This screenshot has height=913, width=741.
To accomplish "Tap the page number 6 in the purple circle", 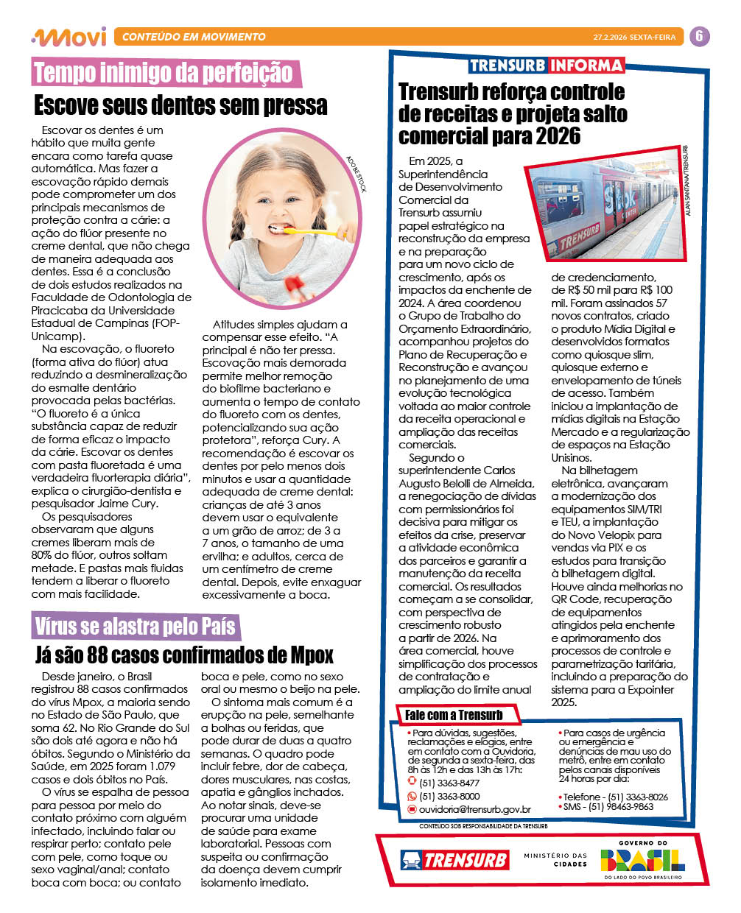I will [x=699, y=36].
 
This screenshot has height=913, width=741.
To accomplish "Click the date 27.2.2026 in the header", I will [x=611, y=37].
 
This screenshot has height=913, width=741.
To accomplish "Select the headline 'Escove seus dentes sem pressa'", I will [x=180, y=105].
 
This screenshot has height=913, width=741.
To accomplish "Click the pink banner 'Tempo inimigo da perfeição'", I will [x=164, y=73].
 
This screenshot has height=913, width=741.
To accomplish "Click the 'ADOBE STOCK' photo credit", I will [x=356, y=174].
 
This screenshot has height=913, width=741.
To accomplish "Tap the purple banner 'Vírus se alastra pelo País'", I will [x=135, y=627].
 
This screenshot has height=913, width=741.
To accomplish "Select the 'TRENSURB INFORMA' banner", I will [x=546, y=65].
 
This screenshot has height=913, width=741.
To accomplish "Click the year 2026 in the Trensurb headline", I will [x=553, y=136].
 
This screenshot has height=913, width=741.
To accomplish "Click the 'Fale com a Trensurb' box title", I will [x=454, y=714].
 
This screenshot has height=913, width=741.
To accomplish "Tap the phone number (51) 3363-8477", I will [x=449, y=783].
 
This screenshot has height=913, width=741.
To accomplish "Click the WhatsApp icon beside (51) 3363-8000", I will [x=412, y=796].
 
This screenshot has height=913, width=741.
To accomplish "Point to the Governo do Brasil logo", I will [x=643, y=859].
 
